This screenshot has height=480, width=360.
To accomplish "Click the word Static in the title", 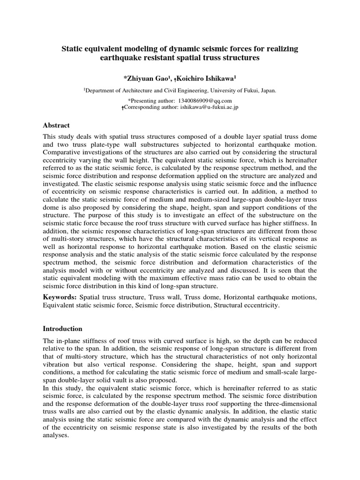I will pos(75,49).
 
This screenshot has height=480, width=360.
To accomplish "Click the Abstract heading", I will pos(56,126).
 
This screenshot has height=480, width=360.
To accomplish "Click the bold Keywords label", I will pos(60,298).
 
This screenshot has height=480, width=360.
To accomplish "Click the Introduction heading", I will pos(62,329).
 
